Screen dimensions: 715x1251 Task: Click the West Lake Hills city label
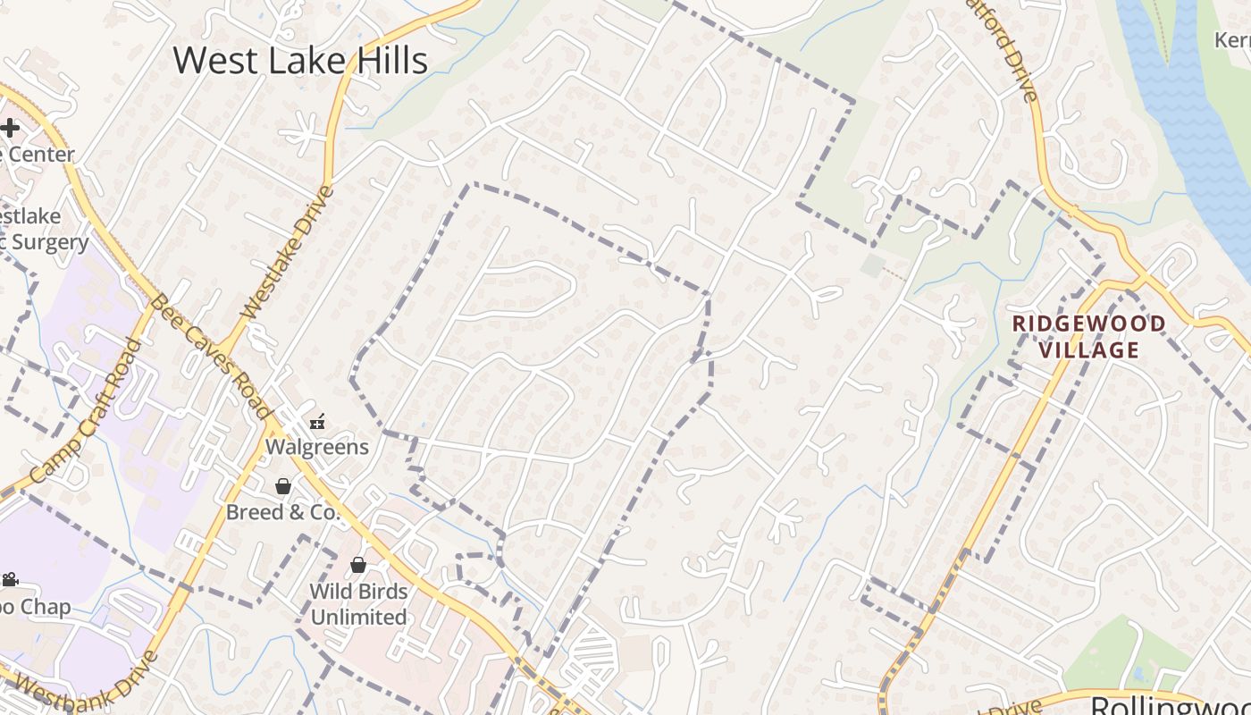tap(300, 61)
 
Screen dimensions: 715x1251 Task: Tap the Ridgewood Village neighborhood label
tap(1088, 336)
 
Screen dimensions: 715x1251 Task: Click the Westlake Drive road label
tap(288, 252)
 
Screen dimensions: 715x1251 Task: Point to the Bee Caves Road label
tap(210, 356)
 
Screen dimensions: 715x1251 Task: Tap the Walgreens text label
tap(317, 446)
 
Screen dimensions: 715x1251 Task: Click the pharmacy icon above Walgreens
tap(317, 422)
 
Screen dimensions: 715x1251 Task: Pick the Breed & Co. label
tap(282, 512)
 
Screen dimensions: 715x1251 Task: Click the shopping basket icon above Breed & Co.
tap(283, 486)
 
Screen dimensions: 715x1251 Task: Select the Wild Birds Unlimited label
tap(358, 604)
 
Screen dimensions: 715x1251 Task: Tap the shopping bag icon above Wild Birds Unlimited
tap(358, 565)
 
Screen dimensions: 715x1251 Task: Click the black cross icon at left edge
tap(10, 128)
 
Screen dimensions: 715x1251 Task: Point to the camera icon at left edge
tap(10, 580)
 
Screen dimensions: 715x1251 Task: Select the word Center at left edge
tap(40, 154)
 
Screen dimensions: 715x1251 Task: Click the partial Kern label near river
tap(1232, 40)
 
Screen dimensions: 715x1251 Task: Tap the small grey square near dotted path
tap(873, 265)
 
